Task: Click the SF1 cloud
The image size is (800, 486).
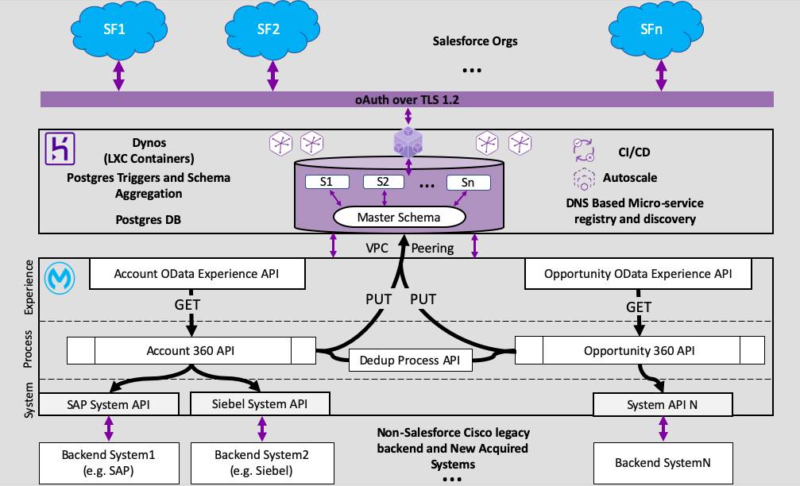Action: tap(118, 29)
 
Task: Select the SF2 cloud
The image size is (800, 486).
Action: tap(269, 29)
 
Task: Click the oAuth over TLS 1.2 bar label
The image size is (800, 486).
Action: tap(407, 99)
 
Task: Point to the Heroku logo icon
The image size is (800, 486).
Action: tap(59, 148)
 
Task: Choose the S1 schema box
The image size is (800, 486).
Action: tap(327, 182)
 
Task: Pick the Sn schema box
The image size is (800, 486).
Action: tap(468, 182)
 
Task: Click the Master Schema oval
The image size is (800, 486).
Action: tap(398, 216)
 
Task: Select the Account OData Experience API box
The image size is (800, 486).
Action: tap(197, 274)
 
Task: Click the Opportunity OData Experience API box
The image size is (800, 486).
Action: tap(638, 274)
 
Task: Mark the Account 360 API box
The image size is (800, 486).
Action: tap(191, 350)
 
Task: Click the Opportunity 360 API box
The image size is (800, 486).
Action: tap(640, 350)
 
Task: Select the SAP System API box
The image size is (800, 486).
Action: tap(109, 404)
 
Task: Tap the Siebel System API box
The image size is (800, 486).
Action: tap(261, 404)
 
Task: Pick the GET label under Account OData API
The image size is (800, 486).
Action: tap(187, 304)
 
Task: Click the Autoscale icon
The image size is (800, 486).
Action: tap(584, 178)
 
